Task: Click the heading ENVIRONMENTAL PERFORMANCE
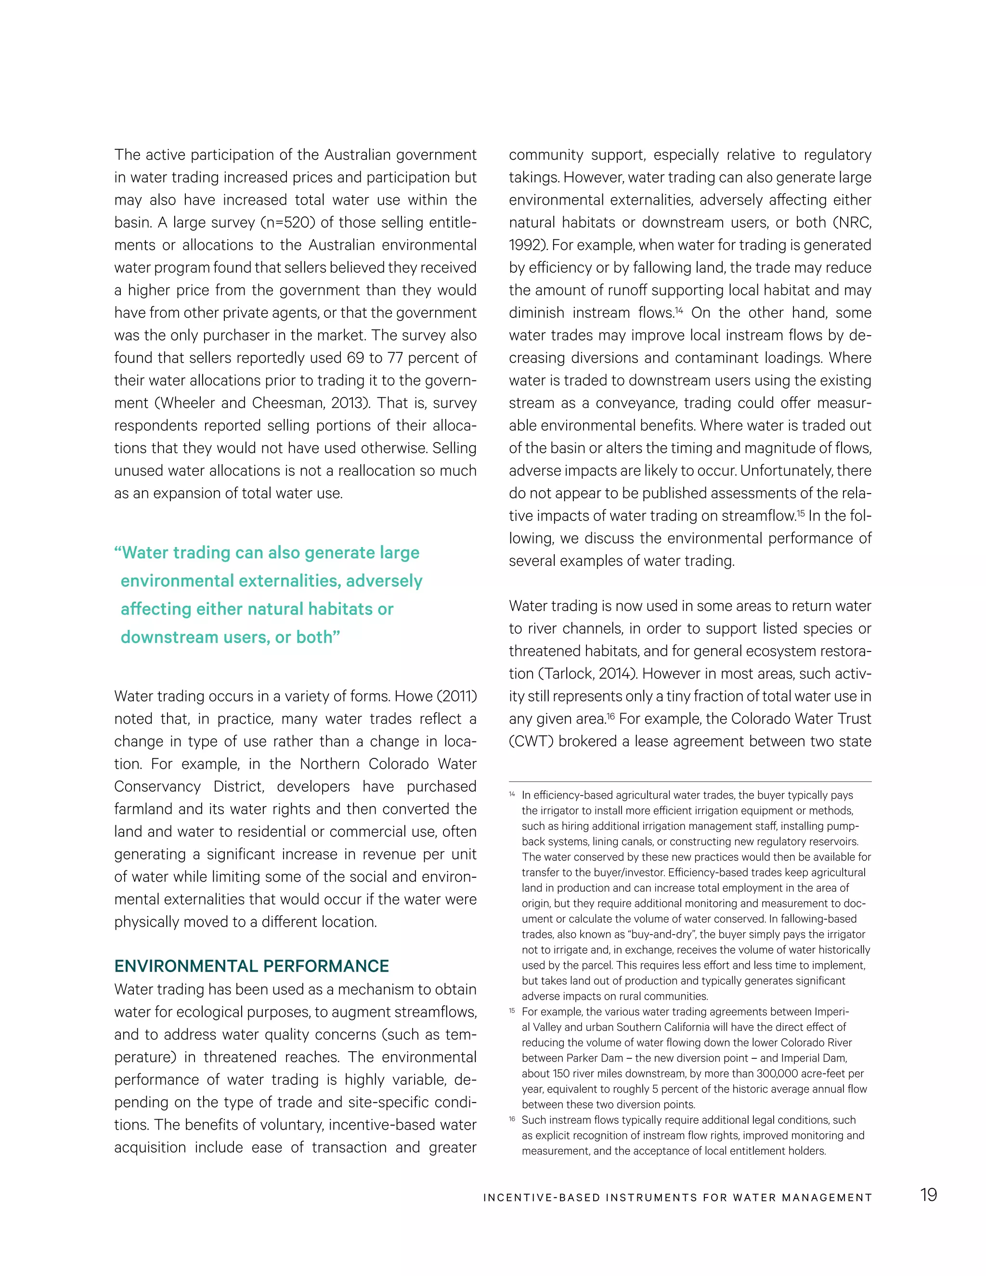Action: point(251,966)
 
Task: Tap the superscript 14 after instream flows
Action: point(679,310)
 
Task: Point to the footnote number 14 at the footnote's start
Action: point(512,794)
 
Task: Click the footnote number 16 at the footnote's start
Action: point(512,1119)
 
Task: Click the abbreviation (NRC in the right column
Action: point(852,222)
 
